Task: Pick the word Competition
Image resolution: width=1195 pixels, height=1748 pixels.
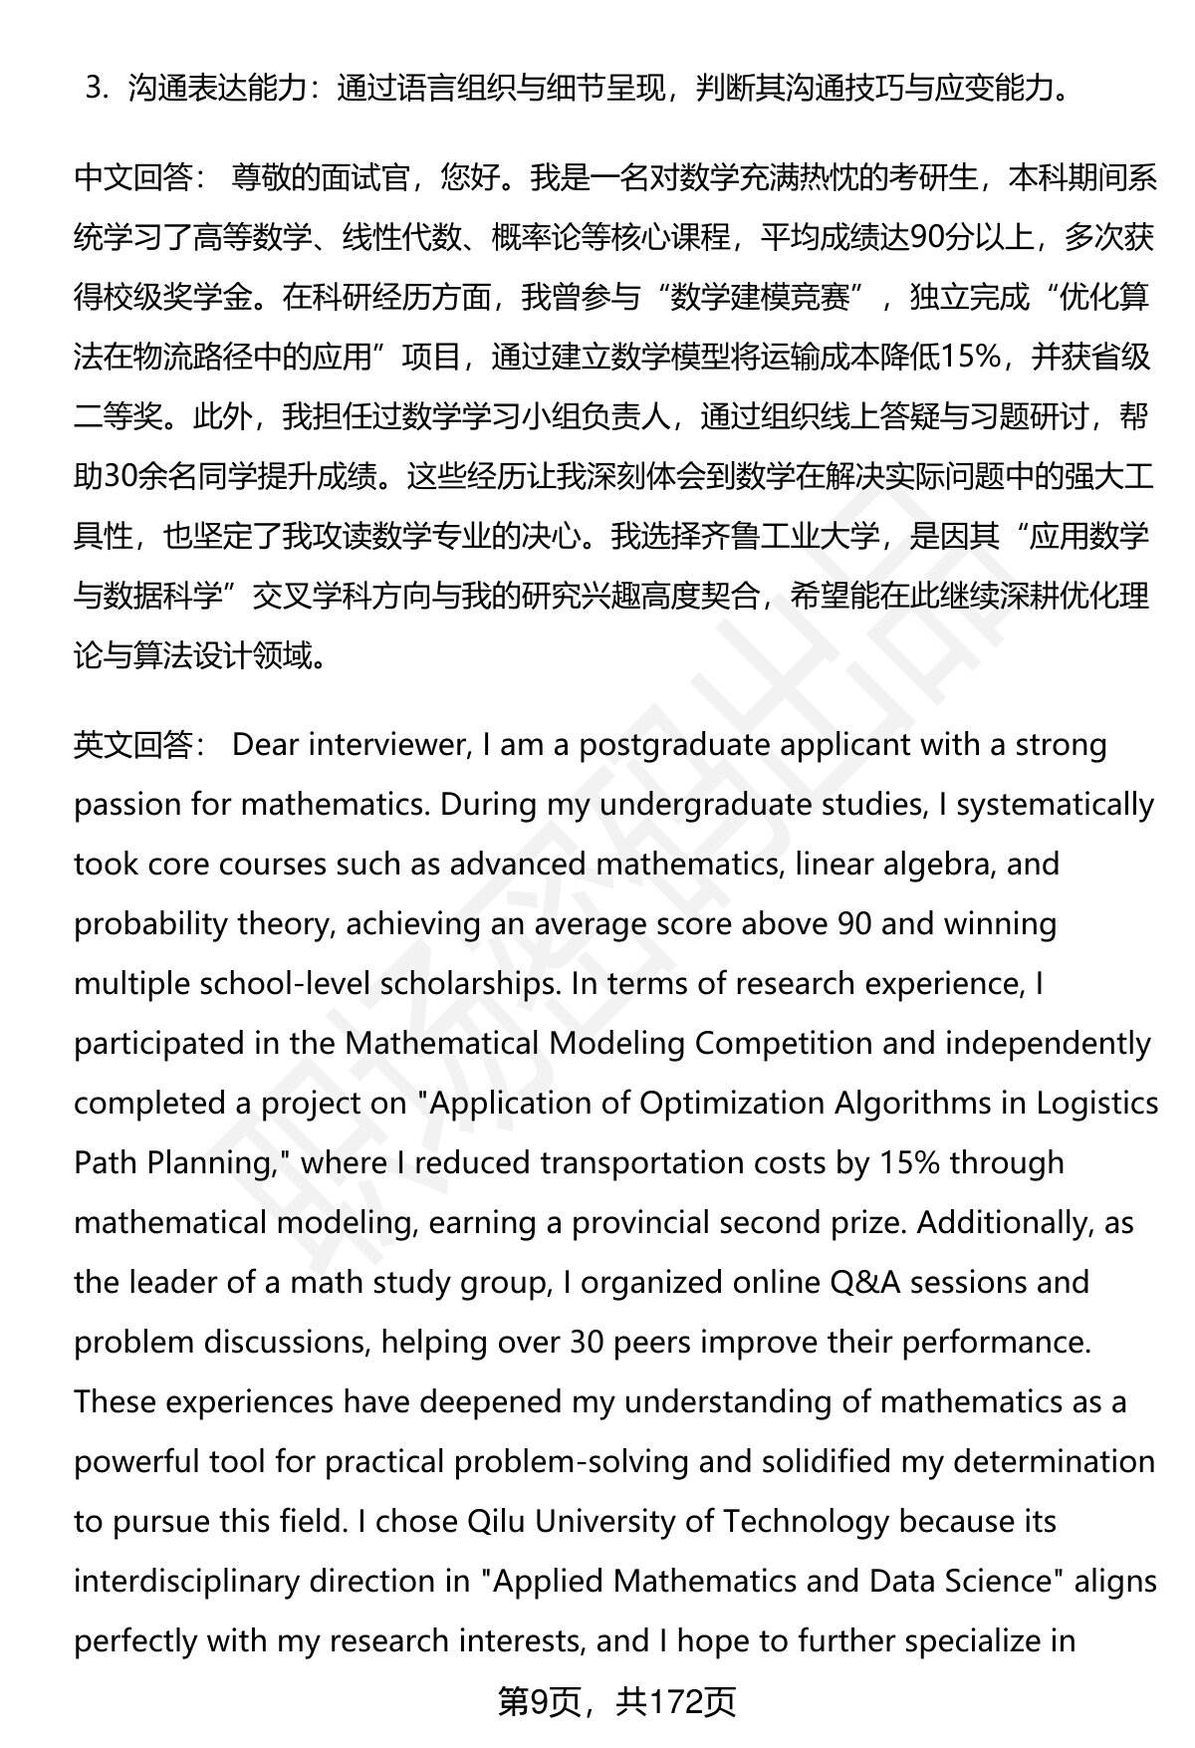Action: pyautogui.click(x=815, y=1044)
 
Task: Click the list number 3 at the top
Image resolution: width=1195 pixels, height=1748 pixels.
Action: pyautogui.click(x=96, y=90)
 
